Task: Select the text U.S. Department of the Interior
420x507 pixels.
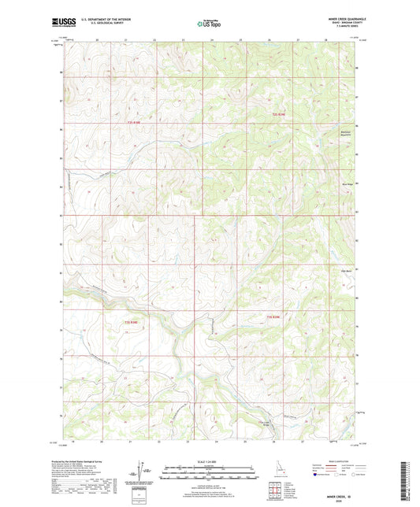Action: (x=97, y=20)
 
